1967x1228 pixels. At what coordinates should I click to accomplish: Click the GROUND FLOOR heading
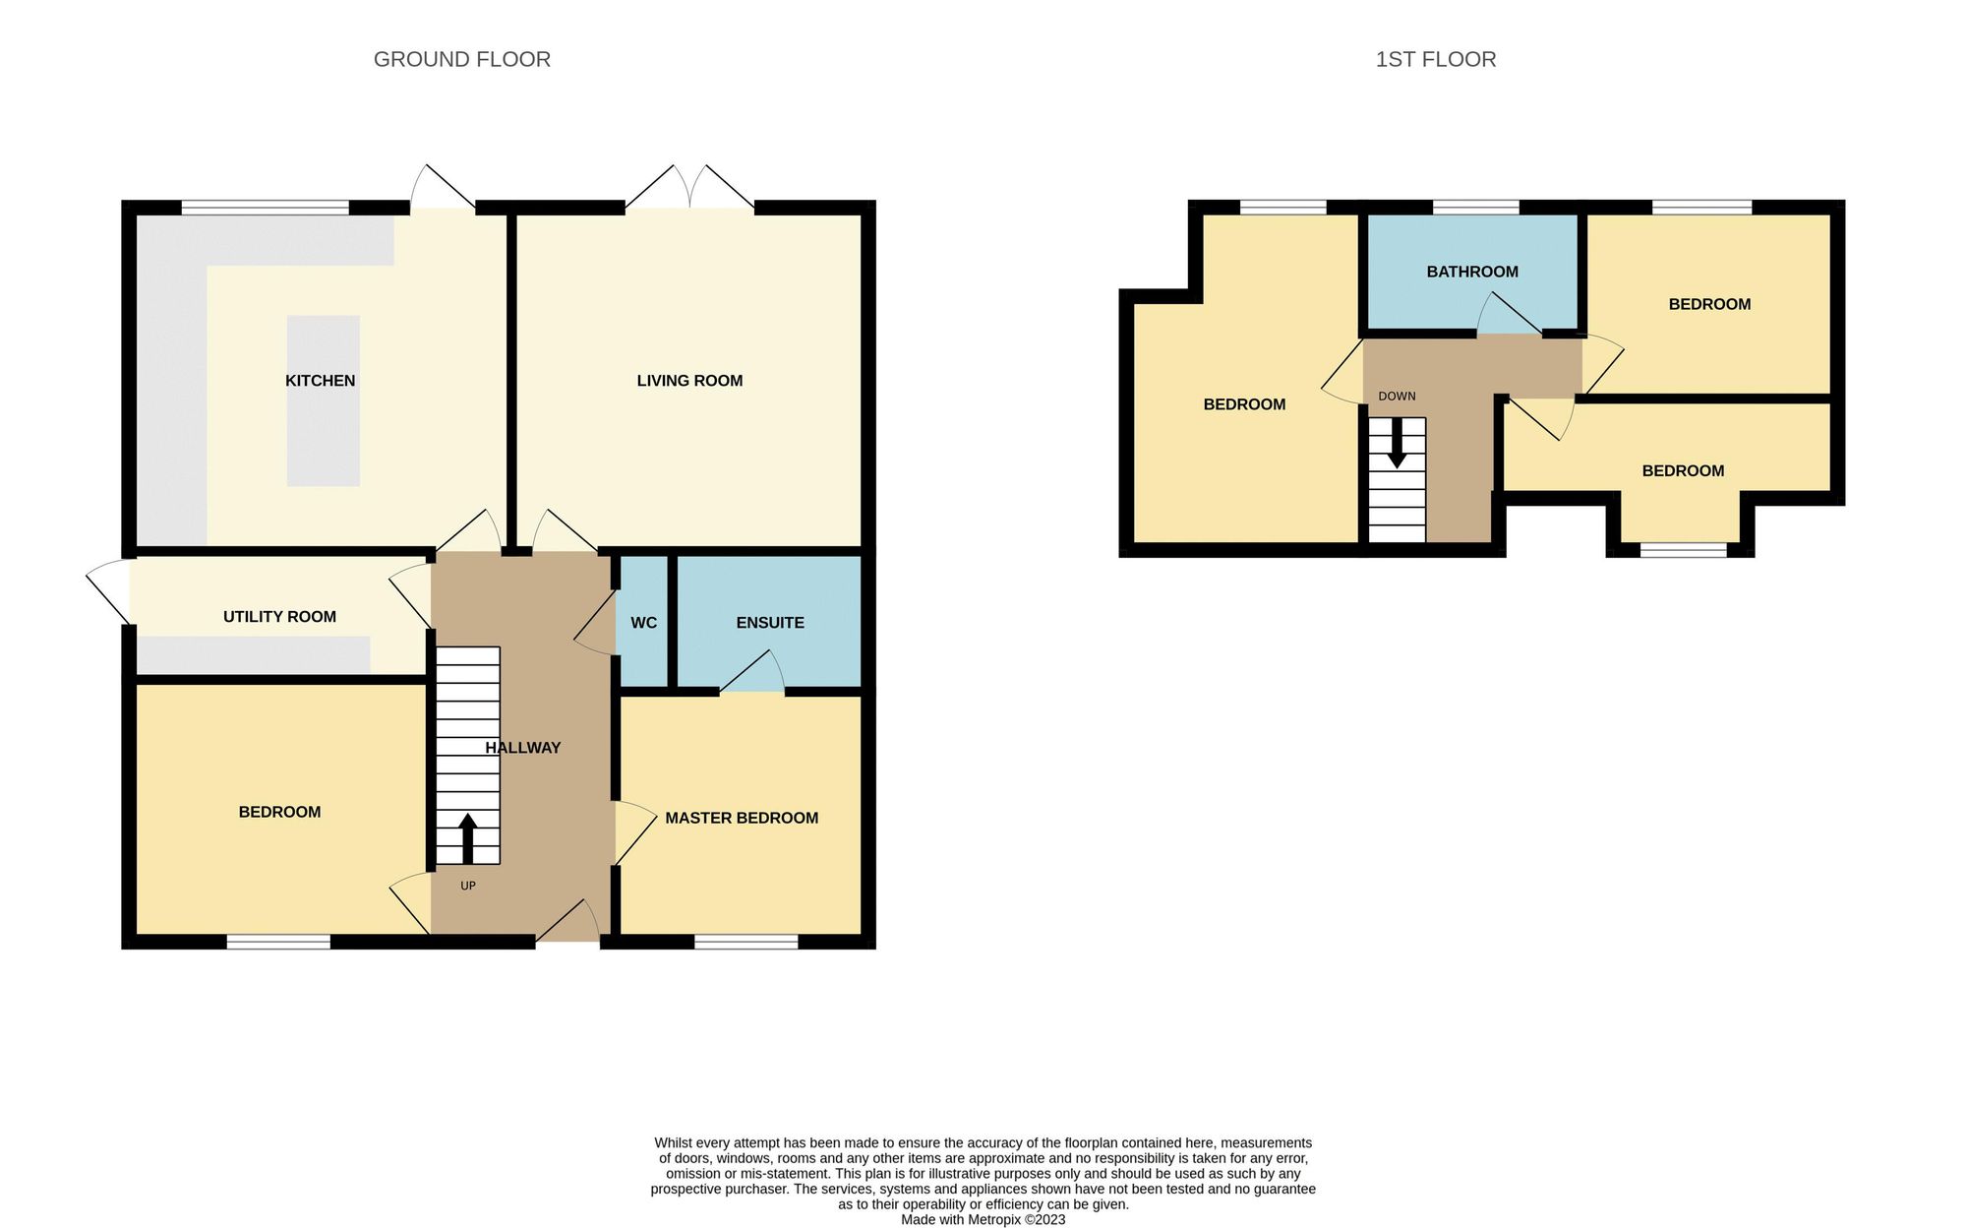point(461,59)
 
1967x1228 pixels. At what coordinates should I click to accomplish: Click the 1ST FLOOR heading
point(1435,59)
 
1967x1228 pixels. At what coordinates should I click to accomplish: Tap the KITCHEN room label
point(320,381)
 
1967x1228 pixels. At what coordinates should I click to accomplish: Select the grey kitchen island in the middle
point(323,400)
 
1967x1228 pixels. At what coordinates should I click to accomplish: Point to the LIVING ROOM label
point(689,381)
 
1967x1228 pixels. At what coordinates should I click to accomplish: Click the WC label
point(643,623)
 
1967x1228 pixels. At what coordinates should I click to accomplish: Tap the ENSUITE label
point(770,623)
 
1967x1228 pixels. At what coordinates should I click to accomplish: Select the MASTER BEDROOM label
point(742,818)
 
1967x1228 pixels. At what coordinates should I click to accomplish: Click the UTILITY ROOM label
point(279,617)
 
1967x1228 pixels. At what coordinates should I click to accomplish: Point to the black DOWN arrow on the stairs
point(1397,445)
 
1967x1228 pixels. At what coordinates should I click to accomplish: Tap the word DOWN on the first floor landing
point(1397,397)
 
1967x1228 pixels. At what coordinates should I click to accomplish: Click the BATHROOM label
point(1471,272)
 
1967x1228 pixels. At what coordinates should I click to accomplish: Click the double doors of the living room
point(690,189)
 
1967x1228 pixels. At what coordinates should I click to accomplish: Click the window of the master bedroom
point(745,942)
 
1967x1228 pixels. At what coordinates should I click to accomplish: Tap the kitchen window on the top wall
point(266,208)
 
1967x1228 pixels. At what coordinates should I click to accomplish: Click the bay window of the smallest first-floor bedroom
point(1683,550)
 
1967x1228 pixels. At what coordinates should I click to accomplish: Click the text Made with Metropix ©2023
point(983,1219)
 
